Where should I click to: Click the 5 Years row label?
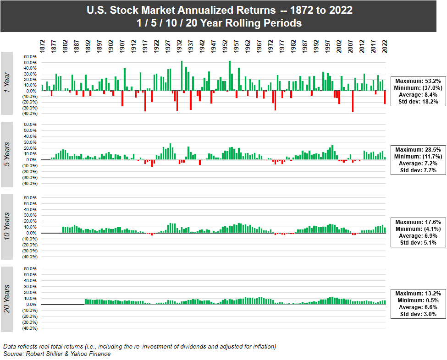tap(7, 154)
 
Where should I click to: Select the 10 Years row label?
tap(7, 227)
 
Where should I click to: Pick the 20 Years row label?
tap(7, 299)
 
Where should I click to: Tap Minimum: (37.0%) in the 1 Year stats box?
tap(418, 87)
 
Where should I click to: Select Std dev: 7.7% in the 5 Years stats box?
tap(418, 170)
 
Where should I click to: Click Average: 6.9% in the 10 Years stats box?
tap(418, 235)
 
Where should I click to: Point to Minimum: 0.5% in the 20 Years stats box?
tap(418, 300)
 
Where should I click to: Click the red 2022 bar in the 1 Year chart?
tap(385, 97)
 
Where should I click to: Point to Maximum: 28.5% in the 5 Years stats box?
tap(418, 149)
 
